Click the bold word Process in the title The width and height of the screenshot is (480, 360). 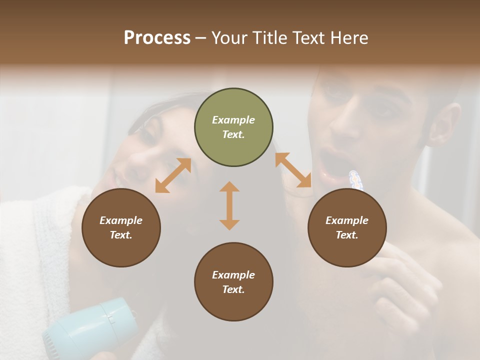[x=157, y=38]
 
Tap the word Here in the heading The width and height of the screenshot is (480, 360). [x=348, y=38]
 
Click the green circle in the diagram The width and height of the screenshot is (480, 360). [x=233, y=127]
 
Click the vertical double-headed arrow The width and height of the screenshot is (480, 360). [x=229, y=205]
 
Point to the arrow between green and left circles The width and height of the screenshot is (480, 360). [x=173, y=175]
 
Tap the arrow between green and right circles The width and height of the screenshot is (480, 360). [x=293, y=170]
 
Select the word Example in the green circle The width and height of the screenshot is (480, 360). [x=233, y=120]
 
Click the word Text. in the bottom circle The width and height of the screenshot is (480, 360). [x=233, y=289]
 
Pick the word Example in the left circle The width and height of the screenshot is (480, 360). [x=121, y=220]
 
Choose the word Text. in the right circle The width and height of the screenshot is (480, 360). [x=347, y=235]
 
